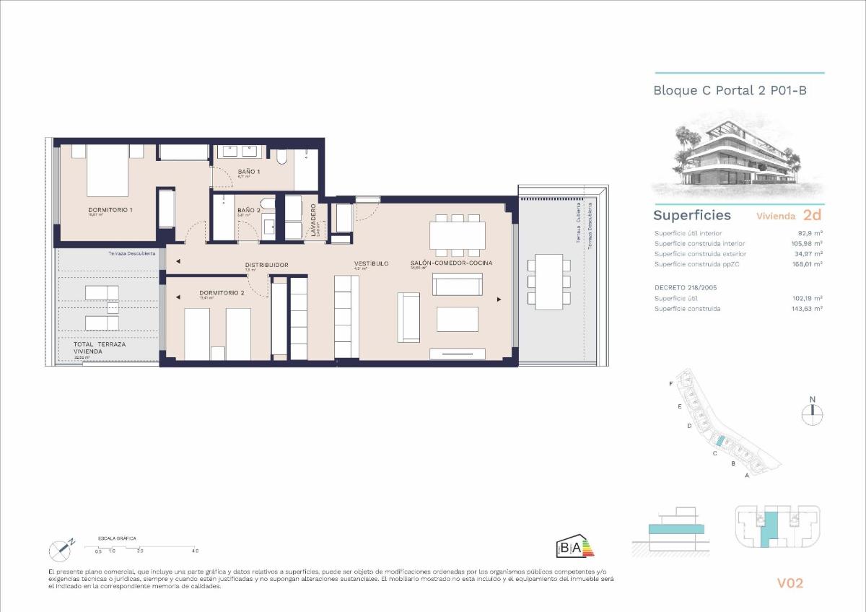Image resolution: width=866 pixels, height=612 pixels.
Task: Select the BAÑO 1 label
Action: (x=249, y=171)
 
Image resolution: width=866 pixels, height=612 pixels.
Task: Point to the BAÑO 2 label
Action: (x=248, y=210)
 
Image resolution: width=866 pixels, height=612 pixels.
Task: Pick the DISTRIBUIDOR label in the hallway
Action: (x=266, y=265)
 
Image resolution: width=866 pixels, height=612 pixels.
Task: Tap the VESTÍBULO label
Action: (x=371, y=263)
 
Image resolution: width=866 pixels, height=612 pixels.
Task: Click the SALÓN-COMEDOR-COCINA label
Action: (x=451, y=263)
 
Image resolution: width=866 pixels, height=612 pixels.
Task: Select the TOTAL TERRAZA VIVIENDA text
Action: (x=99, y=348)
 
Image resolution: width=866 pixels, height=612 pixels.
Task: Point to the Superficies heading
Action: (x=691, y=215)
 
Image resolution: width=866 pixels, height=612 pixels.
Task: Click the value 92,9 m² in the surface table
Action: (x=810, y=233)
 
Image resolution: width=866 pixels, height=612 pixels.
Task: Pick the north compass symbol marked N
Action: (x=812, y=411)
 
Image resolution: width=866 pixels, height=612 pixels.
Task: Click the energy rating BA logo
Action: (x=574, y=547)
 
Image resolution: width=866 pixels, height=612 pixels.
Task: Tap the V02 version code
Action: (x=790, y=583)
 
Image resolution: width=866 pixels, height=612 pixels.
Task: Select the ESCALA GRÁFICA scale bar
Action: (x=144, y=548)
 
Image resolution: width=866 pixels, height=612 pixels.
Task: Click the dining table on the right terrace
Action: (x=549, y=281)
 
